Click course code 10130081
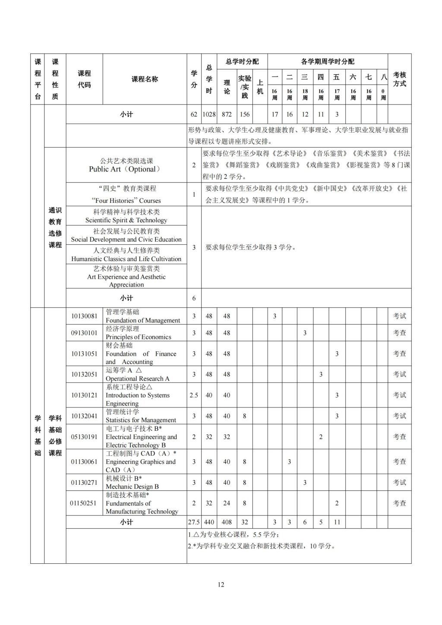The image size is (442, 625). coord(84,316)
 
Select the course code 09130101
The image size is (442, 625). coord(84,333)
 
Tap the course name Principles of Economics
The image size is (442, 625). coord(138,337)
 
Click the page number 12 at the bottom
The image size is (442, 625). coord(221,585)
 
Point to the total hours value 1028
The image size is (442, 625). coord(209,114)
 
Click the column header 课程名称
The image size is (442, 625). coord(145,79)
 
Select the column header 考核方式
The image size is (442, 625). coord(399,79)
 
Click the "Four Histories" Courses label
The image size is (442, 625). coord(126,201)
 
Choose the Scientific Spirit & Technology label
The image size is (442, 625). coord(126,220)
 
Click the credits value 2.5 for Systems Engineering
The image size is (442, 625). coord(194,395)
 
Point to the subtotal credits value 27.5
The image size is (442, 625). coord(194,522)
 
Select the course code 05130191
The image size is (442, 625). coord(84,437)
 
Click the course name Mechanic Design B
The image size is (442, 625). coord(132,486)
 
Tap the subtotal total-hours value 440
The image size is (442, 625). coord(209,522)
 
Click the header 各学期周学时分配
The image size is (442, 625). coord(327,61)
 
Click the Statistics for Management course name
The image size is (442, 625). coord(141,420)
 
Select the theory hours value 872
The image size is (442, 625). coord(227,114)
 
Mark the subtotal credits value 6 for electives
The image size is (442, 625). coord(194,298)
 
